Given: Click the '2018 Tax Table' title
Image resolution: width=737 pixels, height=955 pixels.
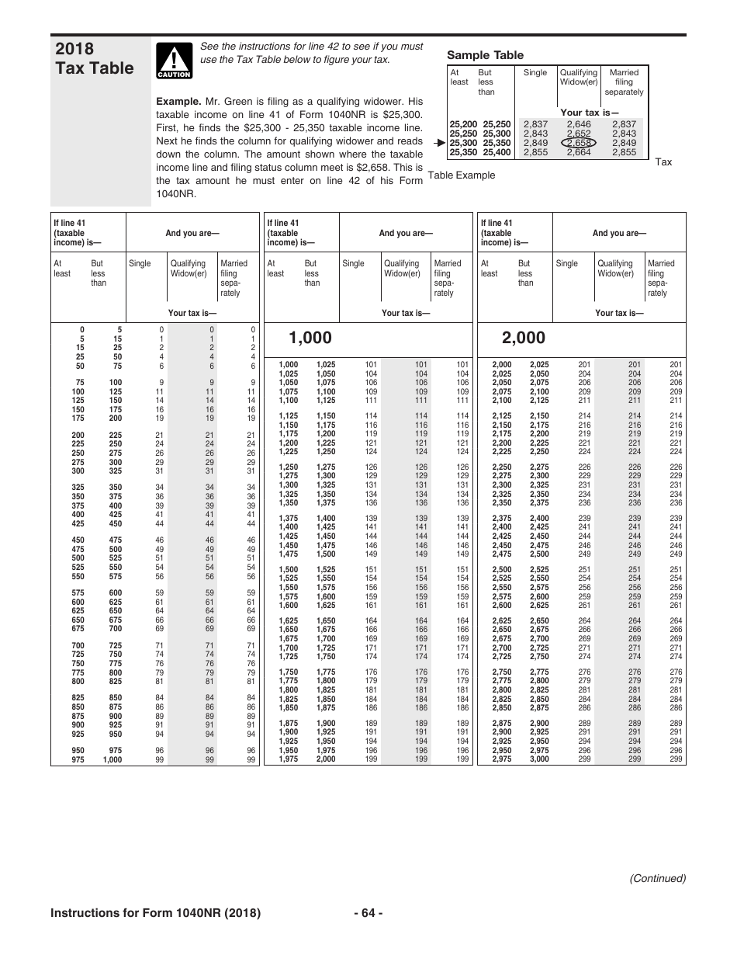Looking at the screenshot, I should (94, 58).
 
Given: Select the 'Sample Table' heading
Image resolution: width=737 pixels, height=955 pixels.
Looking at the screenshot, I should (485, 55).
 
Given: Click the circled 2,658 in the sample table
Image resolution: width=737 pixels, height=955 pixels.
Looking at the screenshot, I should (579, 143).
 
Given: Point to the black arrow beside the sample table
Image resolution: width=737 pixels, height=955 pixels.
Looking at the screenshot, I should (440, 143).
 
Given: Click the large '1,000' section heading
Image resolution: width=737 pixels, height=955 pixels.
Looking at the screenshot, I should (310, 338).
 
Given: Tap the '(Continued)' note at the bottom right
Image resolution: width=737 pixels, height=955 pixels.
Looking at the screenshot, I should (657, 878).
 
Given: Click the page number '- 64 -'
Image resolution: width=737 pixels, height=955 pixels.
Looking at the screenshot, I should (368, 913).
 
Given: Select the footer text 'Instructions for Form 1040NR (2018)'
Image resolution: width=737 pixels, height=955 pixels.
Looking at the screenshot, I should (155, 913).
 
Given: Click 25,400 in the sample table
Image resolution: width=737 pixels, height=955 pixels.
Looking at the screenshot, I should (497, 152).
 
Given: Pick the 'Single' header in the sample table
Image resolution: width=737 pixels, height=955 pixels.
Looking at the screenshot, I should (535, 72).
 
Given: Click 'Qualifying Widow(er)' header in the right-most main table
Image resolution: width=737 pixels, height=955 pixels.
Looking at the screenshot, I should (615, 269).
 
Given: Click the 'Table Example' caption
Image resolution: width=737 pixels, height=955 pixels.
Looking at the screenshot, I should (462, 175).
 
